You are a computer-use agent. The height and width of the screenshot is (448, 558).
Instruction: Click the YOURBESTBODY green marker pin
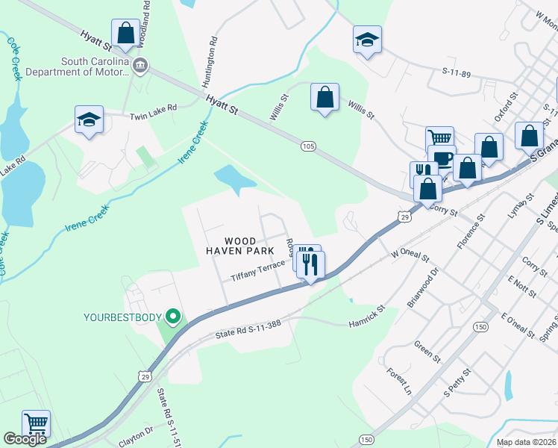[x=173, y=317]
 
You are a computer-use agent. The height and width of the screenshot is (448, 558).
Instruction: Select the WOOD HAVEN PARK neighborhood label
[x=231, y=246]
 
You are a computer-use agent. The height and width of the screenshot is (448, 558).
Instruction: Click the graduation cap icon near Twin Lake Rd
[x=89, y=120]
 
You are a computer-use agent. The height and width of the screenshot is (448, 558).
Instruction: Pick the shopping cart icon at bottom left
[x=36, y=423]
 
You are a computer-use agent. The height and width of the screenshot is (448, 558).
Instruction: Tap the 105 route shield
[x=308, y=146]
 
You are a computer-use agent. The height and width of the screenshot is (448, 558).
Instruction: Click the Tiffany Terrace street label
[x=257, y=270]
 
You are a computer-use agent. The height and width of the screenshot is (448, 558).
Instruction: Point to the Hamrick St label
[x=366, y=316]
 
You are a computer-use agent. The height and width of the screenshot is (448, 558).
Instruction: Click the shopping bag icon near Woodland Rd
[x=125, y=34]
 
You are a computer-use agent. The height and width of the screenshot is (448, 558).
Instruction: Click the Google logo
[x=25, y=439]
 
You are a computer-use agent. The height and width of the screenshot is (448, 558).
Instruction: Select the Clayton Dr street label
[x=135, y=436]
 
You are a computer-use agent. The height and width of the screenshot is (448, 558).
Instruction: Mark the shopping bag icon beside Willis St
[x=325, y=98]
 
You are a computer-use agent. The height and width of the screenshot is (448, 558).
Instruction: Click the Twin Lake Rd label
[x=153, y=111]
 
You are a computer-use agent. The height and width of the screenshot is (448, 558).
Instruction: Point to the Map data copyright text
[x=527, y=442]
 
